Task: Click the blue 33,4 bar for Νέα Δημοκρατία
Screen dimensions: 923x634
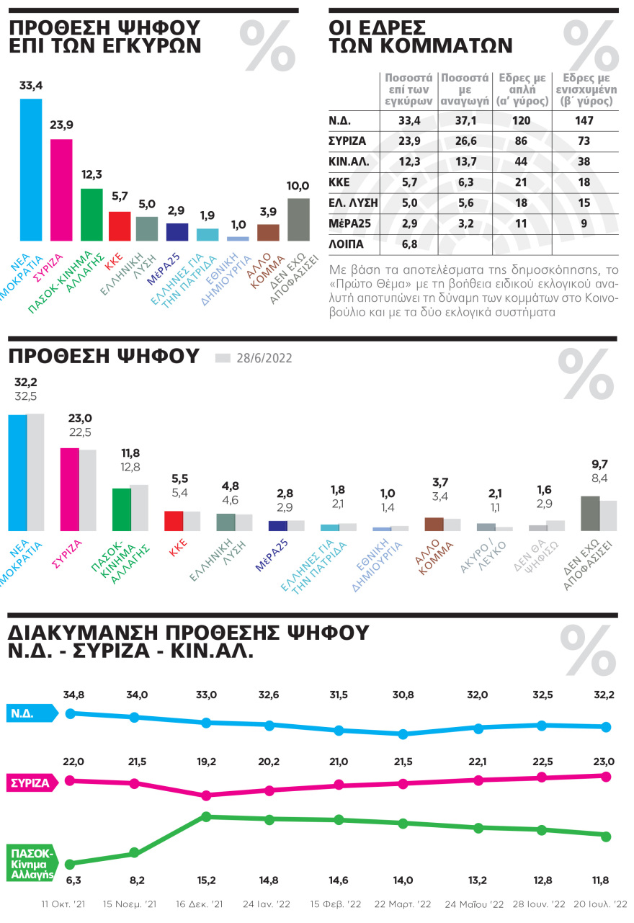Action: [x=31, y=169]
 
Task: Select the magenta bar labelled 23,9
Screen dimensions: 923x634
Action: [x=61, y=189]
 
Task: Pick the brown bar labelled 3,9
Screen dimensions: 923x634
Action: [x=268, y=232]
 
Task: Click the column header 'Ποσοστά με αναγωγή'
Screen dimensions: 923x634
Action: [x=466, y=89]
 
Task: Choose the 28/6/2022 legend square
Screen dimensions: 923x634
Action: [x=223, y=357]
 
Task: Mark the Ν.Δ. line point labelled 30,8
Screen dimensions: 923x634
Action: [x=403, y=734]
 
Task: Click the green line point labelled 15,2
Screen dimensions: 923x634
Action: [x=206, y=817]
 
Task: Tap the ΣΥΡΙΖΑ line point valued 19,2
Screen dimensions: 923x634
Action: [x=206, y=795]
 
